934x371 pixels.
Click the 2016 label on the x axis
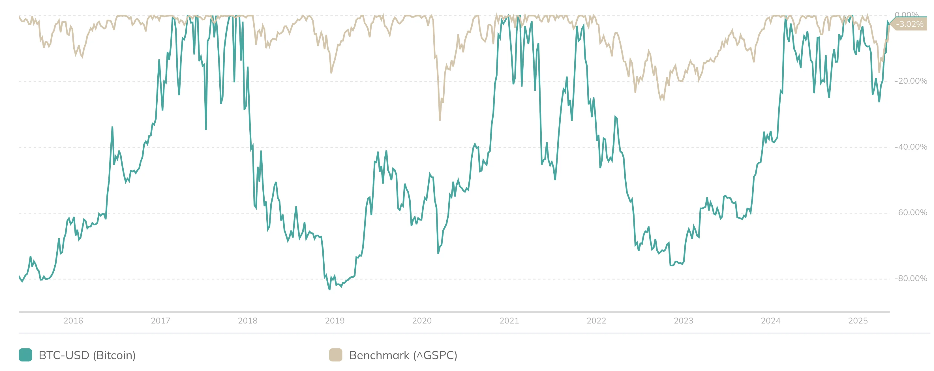(x=73, y=321)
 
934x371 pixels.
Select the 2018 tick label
(x=248, y=321)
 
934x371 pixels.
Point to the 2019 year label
(x=335, y=321)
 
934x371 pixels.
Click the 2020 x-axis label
(x=422, y=321)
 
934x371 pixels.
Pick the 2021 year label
(x=509, y=321)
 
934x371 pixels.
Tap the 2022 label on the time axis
(x=596, y=321)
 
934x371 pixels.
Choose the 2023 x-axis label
(x=684, y=321)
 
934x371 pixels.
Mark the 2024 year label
(x=771, y=321)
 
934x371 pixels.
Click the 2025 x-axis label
(x=858, y=321)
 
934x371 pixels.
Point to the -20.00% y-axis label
(x=911, y=81)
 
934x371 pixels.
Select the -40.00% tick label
(x=911, y=147)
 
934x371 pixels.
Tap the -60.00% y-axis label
(x=911, y=212)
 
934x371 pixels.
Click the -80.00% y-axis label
(x=911, y=278)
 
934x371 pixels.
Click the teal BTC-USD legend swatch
(x=25, y=355)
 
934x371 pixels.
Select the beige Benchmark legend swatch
(x=335, y=355)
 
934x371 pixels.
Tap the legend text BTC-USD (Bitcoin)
(x=87, y=355)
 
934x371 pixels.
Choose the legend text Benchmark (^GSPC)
(x=403, y=355)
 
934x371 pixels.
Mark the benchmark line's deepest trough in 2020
(x=440, y=120)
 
